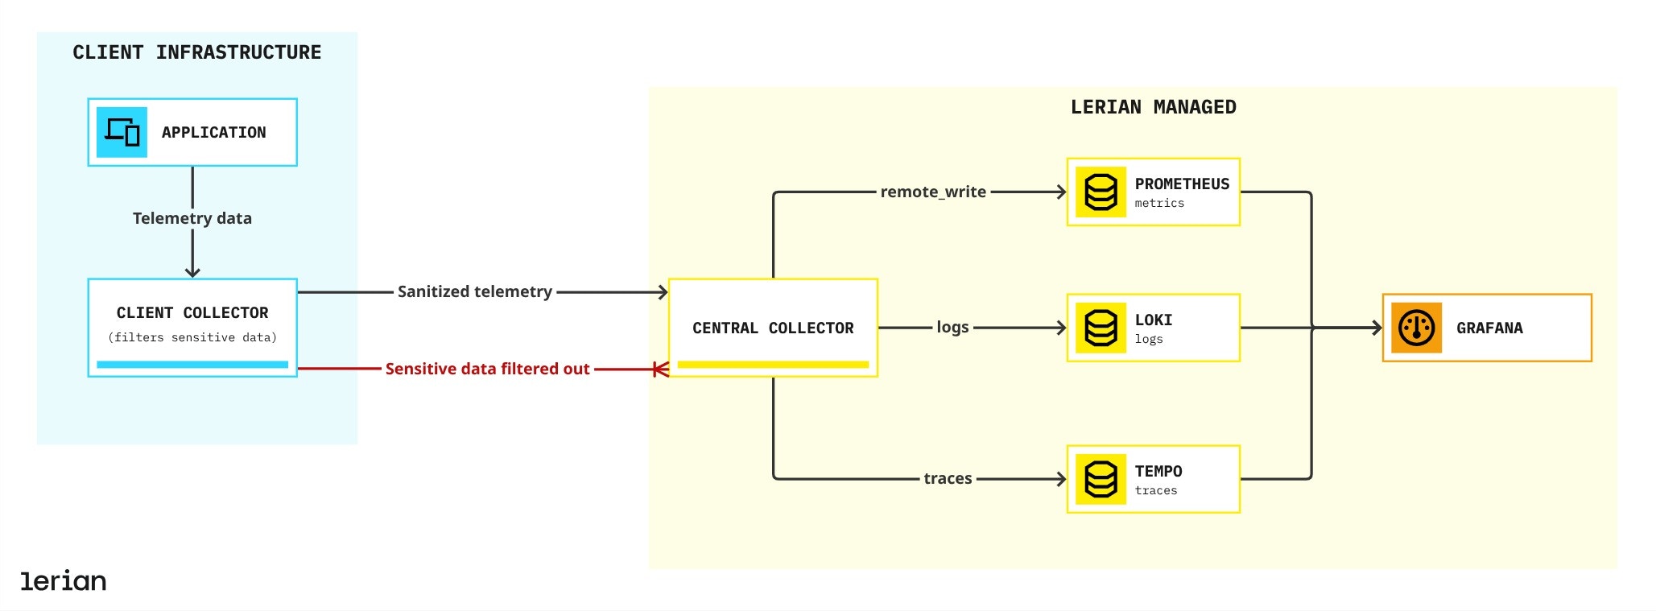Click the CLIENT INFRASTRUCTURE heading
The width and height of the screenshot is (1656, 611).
[x=196, y=52]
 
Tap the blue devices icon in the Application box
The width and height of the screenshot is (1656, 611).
[x=122, y=132]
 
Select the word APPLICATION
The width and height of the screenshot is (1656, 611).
[x=213, y=132]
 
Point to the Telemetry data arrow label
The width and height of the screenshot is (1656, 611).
[x=192, y=218]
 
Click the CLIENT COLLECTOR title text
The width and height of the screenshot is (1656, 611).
[x=192, y=312]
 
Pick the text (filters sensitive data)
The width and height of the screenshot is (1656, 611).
[x=192, y=337]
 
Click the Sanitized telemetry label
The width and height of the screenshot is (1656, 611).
[x=474, y=291]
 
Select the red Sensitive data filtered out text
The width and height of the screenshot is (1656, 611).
[x=487, y=369]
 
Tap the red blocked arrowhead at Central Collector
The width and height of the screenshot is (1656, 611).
[x=660, y=369]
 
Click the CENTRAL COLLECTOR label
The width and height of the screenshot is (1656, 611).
[x=773, y=328]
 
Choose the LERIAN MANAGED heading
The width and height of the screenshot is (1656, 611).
[x=1153, y=107]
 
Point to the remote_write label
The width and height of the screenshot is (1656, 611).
[x=933, y=192]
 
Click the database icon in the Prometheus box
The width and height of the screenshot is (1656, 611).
[x=1101, y=192]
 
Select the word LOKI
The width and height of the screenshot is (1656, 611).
[x=1153, y=320]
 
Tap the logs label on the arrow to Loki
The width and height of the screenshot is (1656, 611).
[x=952, y=327]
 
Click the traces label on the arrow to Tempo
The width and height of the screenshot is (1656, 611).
[x=948, y=478]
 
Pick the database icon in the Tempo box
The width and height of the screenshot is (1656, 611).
[x=1101, y=479]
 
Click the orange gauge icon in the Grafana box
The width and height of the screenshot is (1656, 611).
[x=1416, y=328]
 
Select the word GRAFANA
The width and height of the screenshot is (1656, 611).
[x=1489, y=328]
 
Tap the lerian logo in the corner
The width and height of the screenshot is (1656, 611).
[x=63, y=580]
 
